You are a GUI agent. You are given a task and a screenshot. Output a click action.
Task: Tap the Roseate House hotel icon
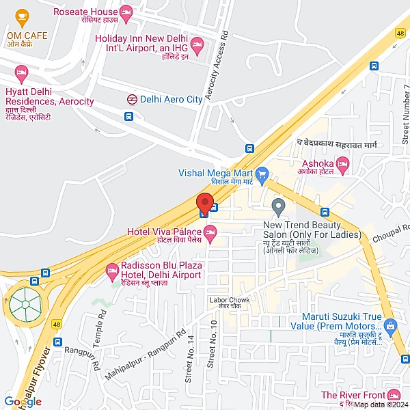(x=126, y=12)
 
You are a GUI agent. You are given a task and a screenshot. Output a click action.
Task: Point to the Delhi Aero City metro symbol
(x=131, y=99)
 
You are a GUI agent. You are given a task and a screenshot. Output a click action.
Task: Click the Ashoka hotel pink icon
(x=343, y=164)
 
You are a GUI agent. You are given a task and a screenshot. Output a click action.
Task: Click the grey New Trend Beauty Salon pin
(x=278, y=205)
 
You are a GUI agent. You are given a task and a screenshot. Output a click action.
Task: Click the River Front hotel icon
(x=394, y=396)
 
